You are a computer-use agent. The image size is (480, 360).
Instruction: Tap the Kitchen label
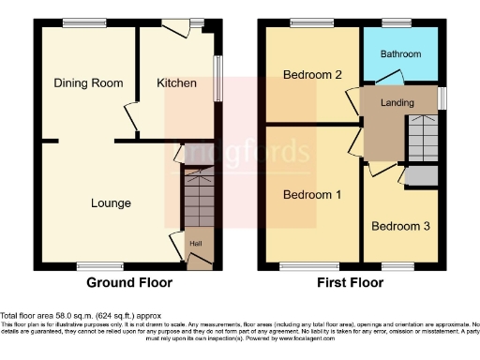pyautogui.click(x=176, y=83)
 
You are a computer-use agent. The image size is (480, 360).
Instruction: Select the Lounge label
pyautogui.click(x=111, y=202)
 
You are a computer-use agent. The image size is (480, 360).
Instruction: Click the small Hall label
pyautogui.click(x=196, y=244)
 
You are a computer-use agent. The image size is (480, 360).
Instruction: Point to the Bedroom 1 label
pyautogui.click(x=311, y=195)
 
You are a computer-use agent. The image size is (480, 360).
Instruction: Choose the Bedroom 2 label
pyautogui.click(x=311, y=76)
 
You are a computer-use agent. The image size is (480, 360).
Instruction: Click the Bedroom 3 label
pyautogui.click(x=401, y=226)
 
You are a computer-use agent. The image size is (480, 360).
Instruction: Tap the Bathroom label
pyautogui.click(x=400, y=54)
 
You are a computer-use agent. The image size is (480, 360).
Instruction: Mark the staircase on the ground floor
pyautogui.click(x=197, y=201)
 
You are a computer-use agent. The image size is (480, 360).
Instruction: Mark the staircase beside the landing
pyautogui.click(x=419, y=140)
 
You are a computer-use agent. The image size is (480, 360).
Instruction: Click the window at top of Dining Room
pyautogui.click(x=78, y=22)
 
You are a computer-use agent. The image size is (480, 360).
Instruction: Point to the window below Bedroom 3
pyautogui.click(x=397, y=267)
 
